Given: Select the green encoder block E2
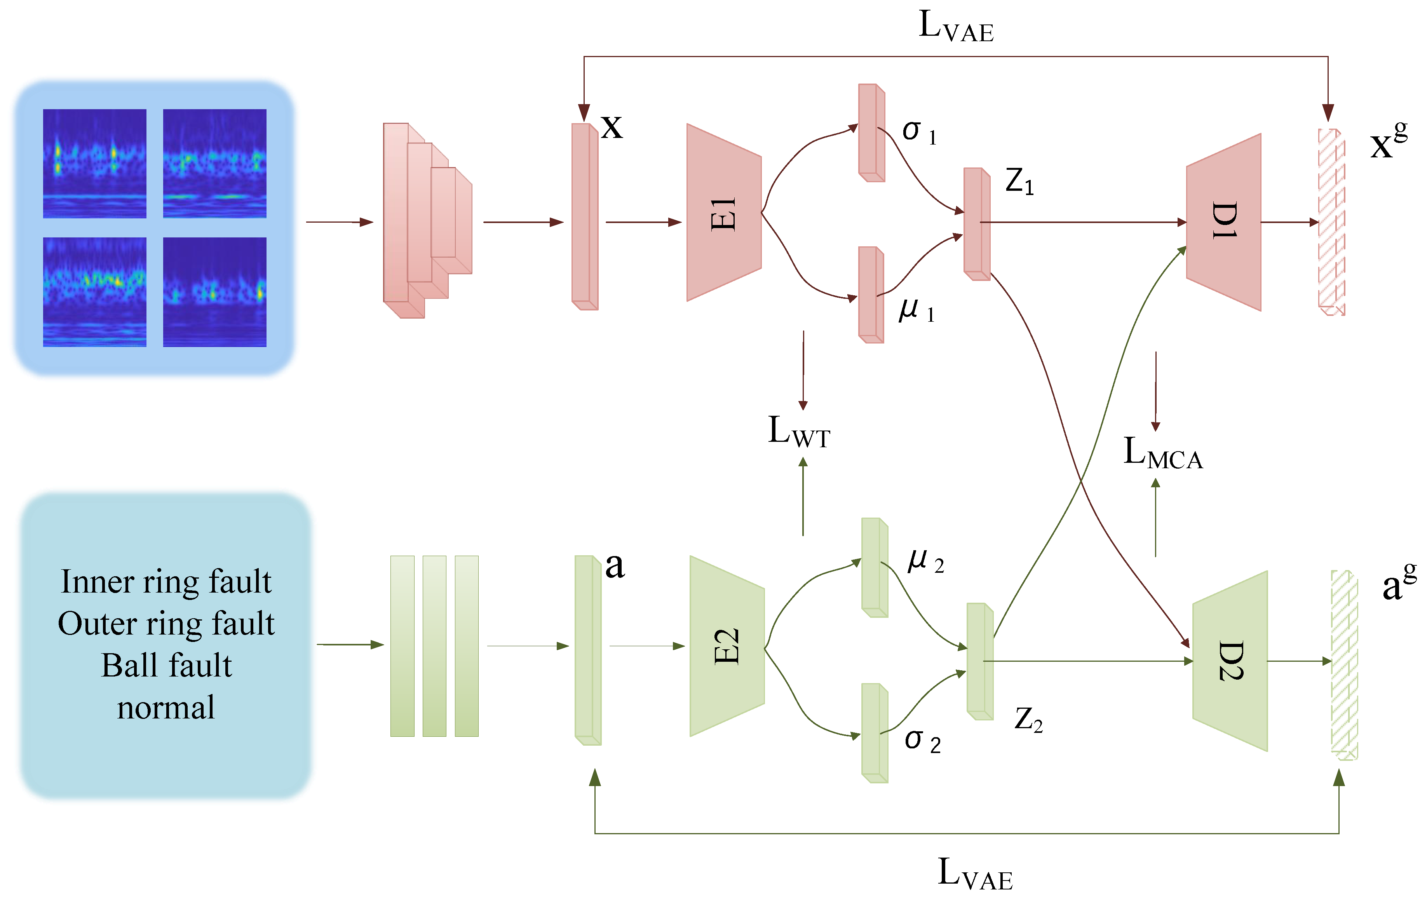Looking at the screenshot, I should click(727, 646).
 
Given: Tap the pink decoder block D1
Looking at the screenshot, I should click(1223, 222).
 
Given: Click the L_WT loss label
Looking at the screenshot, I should click(799, 432).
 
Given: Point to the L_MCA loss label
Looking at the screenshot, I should click(1163, 453).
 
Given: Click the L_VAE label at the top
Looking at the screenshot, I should click(955, 27).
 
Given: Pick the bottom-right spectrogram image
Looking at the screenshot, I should click(214, 292).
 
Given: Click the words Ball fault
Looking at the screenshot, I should click(167, 665).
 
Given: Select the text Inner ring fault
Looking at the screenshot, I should click(167, 581).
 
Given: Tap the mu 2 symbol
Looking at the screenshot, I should click(925, 560).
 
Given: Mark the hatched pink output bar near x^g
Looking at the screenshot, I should click(1331, 222).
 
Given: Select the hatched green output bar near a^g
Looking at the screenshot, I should click(1344, 664).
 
